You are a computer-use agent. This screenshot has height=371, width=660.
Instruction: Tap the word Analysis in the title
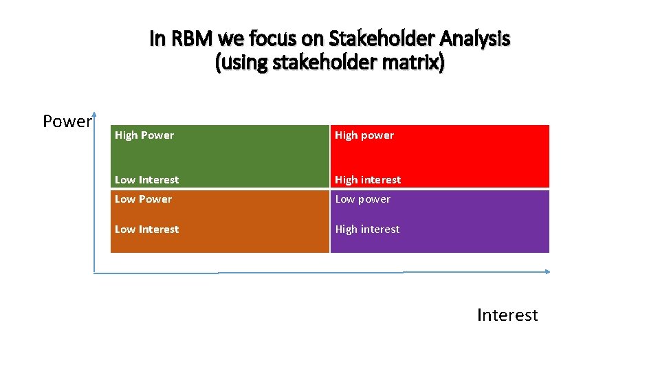(476, 40)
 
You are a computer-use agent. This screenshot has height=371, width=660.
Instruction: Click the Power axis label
(67, 122)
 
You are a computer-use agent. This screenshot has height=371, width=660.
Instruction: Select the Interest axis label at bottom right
(507, 315)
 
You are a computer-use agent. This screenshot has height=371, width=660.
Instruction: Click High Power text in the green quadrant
(144, 135)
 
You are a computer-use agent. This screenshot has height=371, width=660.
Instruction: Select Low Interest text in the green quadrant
(146, 180)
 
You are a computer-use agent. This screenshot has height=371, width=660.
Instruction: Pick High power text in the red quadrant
(364, 135)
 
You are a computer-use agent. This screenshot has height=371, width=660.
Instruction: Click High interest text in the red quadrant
(368, 180)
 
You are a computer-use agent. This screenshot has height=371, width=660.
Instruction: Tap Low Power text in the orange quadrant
(143, 199)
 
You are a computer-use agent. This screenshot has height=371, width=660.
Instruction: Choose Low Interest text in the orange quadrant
(146, 229)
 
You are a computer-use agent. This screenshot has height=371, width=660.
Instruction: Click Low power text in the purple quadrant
(362, 199)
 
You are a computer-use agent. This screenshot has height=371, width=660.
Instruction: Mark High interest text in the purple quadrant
(367, 229)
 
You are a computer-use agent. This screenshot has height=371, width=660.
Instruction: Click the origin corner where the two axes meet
(95, 273)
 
